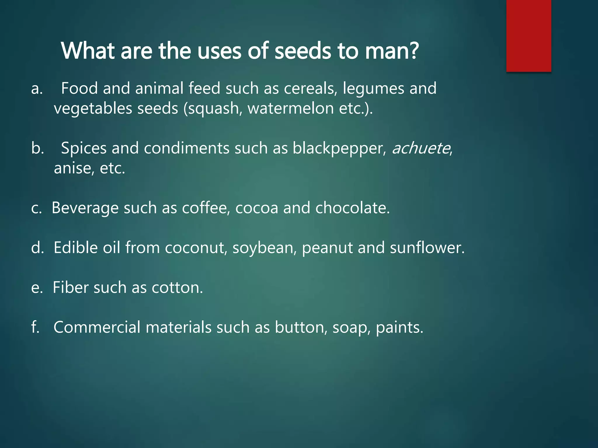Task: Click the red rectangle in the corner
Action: point(529,36)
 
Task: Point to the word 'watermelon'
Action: point(291,108)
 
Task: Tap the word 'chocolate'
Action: point(352,208)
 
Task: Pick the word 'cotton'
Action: point(177,288)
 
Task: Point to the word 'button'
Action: point(301,328)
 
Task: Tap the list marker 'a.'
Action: point(37,89)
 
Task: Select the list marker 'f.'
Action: point(35,327)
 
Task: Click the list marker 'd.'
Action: point(37,248)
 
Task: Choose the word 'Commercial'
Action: point(97,327)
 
